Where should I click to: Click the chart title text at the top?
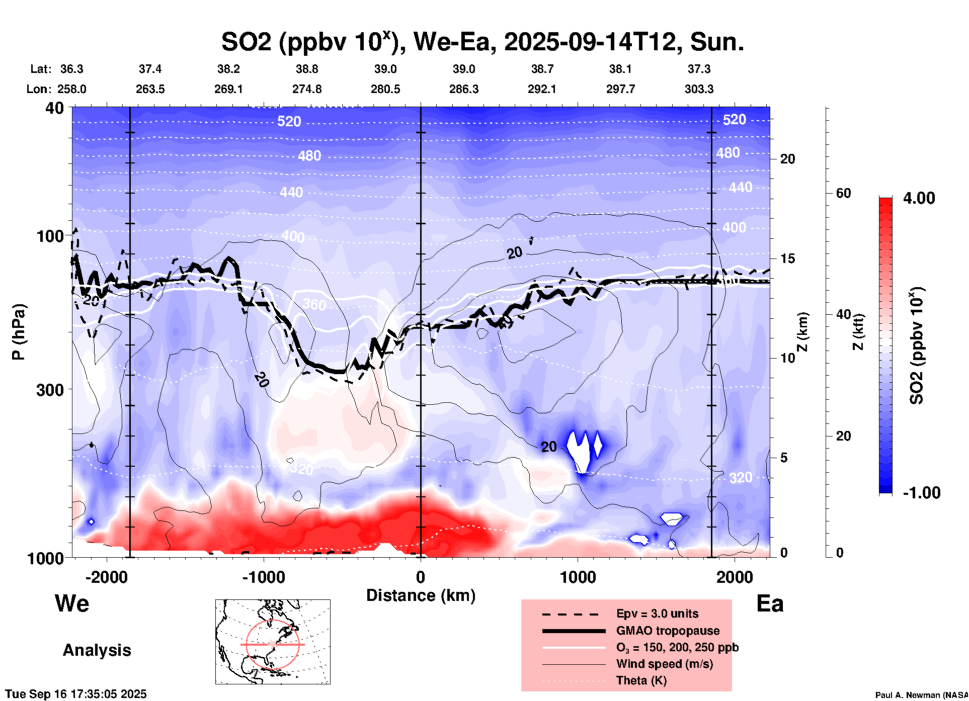[x=482, y=42]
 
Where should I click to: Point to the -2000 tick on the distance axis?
[x=106, y=577]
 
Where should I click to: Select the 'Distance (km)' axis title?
[x=421, y=595]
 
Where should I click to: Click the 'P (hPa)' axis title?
[x=19, y=332]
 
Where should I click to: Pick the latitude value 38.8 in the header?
[x=306, y=69]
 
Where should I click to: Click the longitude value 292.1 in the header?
[x=542, y=89]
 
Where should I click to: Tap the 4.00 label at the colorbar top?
[x=919, y=198]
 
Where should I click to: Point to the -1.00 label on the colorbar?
[x=921, y=493]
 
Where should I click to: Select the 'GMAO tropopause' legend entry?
[x=668, y=631]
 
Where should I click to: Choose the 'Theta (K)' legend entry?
[x=641, y=681]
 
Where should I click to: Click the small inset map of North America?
[x=273, y=642]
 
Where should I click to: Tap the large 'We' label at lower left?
[x=72, y=603]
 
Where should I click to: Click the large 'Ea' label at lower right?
[x=770, y=603]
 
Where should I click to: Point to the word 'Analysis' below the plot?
[x=97, y=650]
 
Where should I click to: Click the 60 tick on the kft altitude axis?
[x=843, y=193]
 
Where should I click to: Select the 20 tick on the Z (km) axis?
[x=787, y=159]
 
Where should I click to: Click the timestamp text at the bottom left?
[x=76, y=694]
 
